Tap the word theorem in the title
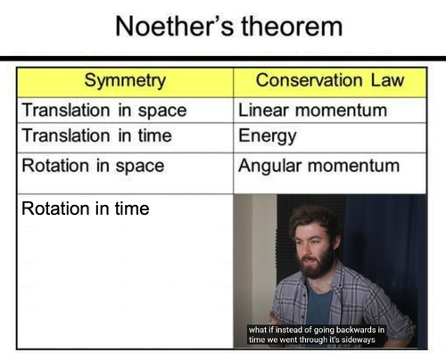point(292,27)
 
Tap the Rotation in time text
point(86,209)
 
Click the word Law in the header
point(387,80)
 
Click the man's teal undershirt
point(318,303)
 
